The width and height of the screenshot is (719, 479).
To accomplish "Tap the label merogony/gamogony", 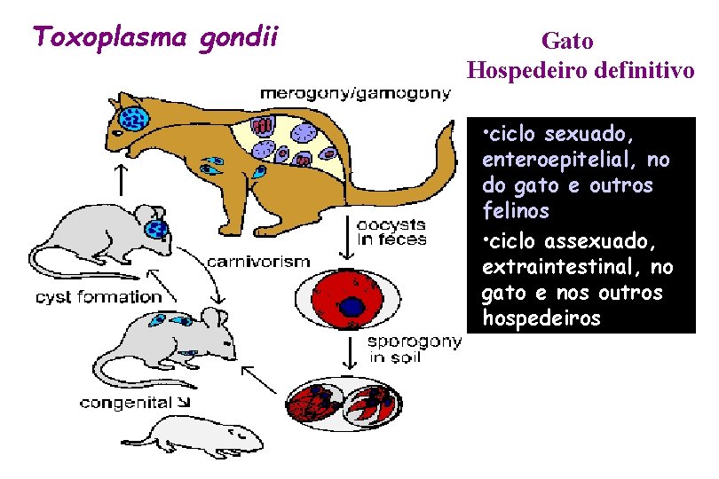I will [354, 92].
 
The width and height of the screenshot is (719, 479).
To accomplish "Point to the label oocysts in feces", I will [391, 232].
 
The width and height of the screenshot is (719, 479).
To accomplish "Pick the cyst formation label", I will [99, 296].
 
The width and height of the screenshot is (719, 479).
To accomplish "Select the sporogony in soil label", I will [414, 349].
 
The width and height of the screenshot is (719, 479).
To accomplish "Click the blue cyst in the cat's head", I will [135, 118].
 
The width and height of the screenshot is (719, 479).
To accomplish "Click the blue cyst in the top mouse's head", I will [157, 230].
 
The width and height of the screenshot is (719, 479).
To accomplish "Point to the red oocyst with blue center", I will [353, 302].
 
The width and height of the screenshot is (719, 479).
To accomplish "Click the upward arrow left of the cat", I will [119, 178].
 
